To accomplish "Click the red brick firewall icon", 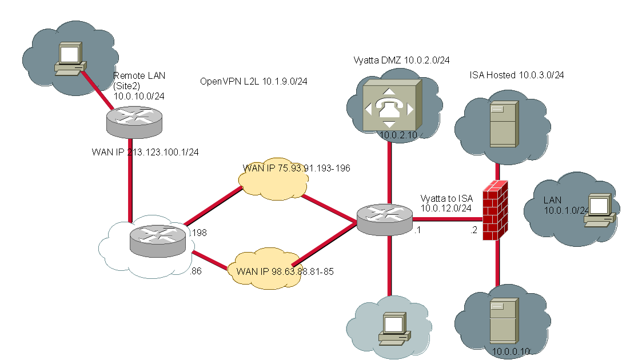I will (495, 210).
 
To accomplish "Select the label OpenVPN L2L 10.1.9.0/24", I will (254, 81).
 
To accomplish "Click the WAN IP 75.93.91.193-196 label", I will (296, 168).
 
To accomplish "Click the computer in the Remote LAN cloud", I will (69, 59).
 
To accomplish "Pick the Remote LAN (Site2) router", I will (134, 123).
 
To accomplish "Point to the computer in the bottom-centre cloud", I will (393, 330).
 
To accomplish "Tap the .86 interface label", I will (197, 272).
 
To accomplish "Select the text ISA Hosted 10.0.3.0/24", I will (517, 75).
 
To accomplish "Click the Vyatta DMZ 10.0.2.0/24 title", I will (394, 60).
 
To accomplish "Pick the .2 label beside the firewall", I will (473, 231).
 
